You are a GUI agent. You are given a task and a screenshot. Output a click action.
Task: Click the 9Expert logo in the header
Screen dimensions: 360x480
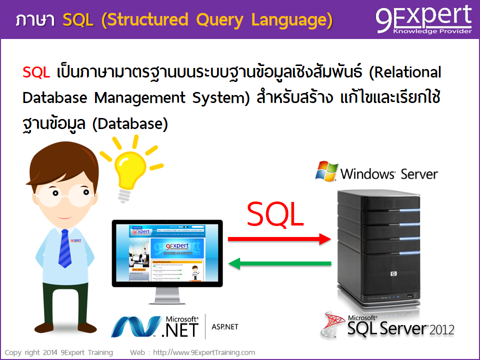point(423,19)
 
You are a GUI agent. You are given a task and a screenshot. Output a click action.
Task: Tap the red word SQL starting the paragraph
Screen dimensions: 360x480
point(36,72)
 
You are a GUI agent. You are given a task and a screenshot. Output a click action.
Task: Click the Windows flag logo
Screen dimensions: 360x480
point(326,171)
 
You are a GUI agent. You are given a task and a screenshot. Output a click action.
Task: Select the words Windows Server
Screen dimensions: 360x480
point(389,174)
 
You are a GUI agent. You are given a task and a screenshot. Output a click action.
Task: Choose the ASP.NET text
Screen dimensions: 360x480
point(225,327)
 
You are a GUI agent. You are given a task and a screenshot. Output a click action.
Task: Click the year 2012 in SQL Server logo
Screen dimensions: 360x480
point(442,329)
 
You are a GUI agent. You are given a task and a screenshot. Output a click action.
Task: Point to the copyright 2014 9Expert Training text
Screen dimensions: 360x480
point(59,352)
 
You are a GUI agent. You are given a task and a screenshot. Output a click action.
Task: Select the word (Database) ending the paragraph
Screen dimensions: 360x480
point(130,123)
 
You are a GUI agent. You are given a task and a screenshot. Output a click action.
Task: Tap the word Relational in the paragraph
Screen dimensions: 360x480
point(405,72)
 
